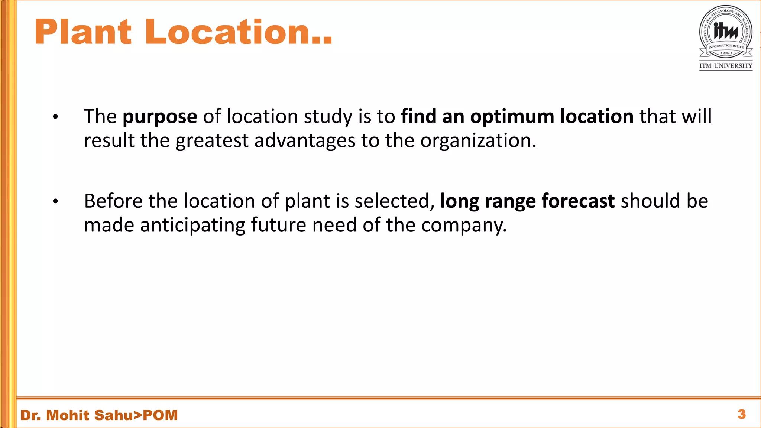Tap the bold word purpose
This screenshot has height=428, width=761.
(x=160, y=117)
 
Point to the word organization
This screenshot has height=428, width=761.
(x=478, y=141)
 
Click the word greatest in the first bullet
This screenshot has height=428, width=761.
(x=212, y=141)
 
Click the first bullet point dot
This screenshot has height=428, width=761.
(x=55, y=117)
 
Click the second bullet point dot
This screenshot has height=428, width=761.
(x=55, y=202)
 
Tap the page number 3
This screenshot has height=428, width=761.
(x=741, y=414)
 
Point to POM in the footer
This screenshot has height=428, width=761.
(x=160, y=415)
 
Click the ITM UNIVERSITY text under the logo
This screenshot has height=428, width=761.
(x=726, y=66)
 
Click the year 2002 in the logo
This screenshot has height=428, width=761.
(x=726, y=53)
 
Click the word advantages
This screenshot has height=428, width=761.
(x=305, y=141)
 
